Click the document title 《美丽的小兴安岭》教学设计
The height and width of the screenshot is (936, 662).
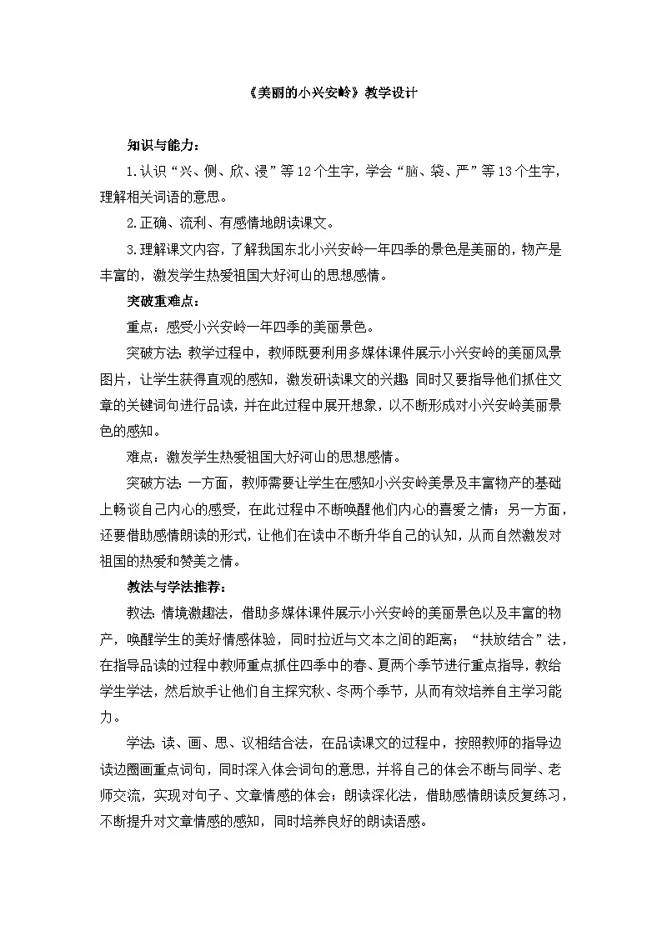(331, 94)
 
